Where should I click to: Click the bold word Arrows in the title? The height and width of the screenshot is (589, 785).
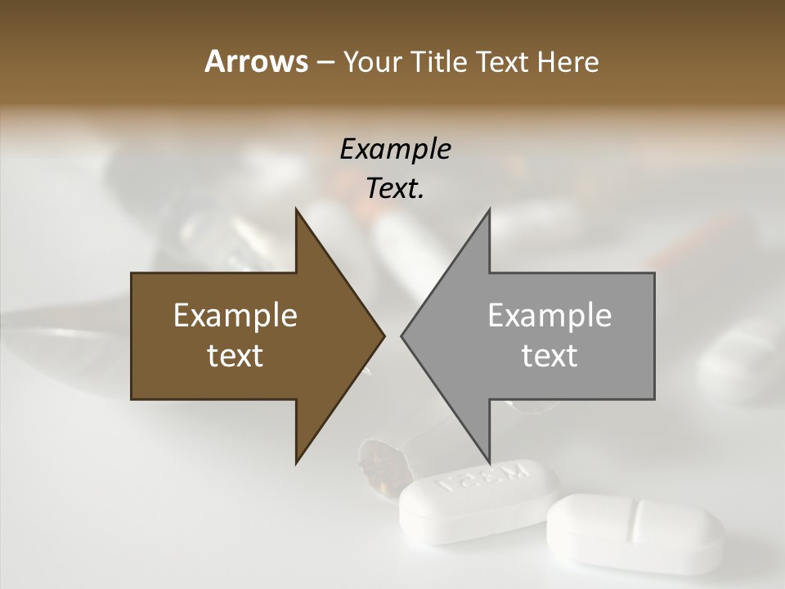(x=255, y=61)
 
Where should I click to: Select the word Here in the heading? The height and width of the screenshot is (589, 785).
(x=568, y=61)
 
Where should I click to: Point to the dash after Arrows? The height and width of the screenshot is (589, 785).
(x=325, y=62)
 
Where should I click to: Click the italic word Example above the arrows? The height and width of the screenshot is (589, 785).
(x=395, y=149)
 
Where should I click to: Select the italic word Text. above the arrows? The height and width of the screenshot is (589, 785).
(x=395, y=188)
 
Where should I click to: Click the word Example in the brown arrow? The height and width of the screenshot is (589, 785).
(x=235, y=316)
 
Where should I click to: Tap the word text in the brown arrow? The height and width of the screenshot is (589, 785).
(x=235, y=355)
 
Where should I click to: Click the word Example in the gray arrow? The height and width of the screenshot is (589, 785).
(x=549, y=316)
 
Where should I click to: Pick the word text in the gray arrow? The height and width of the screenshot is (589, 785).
(x=549, y=355)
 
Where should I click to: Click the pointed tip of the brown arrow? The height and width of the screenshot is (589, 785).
(x=382, y=335)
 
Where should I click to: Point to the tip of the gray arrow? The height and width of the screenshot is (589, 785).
(x=403, y=335)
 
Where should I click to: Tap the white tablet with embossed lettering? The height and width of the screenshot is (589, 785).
(x=478, y=501)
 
